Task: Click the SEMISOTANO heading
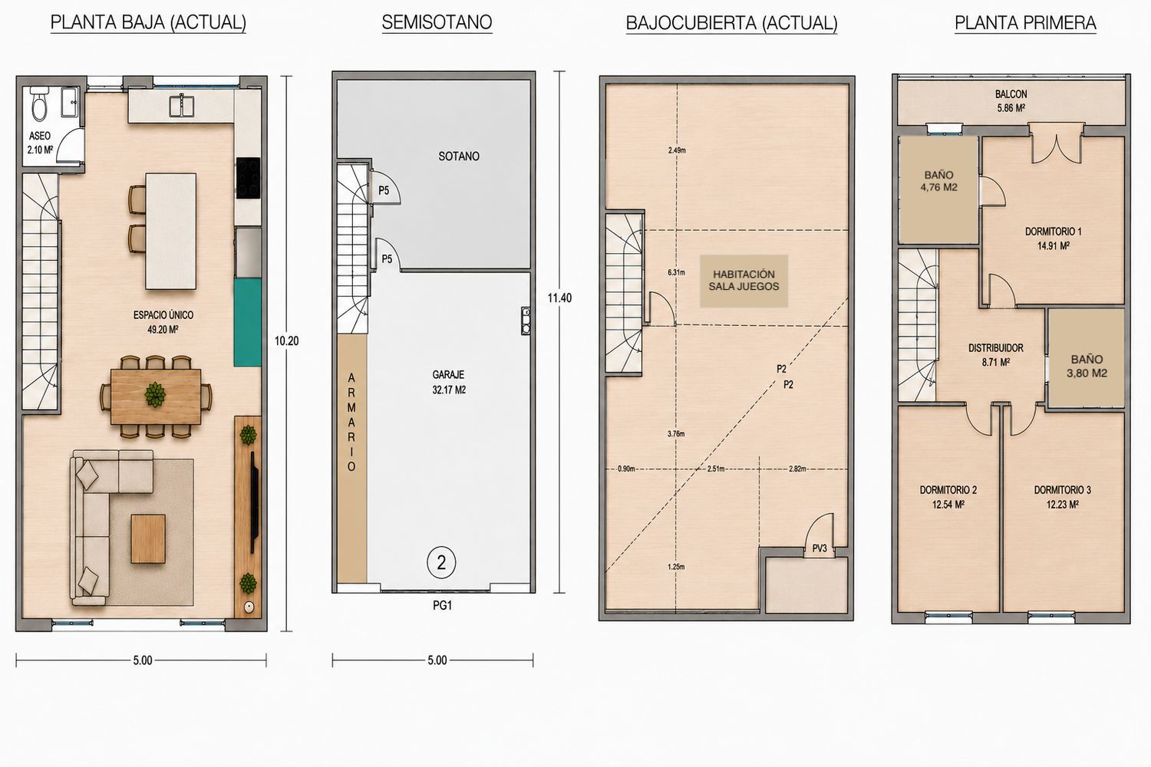pyautogui.click(x=437, y=22)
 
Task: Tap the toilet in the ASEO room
pyautogui.click(x=39, y=104)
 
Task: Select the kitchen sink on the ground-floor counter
pyautogui.click(x=182, y=105)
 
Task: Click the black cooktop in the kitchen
pyautogui.click(x=248, y=178)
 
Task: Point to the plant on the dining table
pyautogui.click(x=155, y=394)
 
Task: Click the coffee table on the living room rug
pyautogui.click(x=148, y=539)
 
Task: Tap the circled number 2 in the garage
pyautogui.click(x=441, y=563)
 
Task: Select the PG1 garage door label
pyautogui.click(x=443, y=606)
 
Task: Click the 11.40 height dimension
pyautogui.click(x=559, y=298)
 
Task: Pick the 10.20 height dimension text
pyautogui.click(x=286, y=341)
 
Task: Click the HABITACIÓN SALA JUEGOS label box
pyautogui.click(x=744, y=281)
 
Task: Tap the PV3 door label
pyautogui.click(x=820, y=548)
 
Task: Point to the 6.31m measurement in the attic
pyautogui.click(x=676, y=272)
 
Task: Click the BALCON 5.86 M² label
pyautogui.click(x=1011, y=100)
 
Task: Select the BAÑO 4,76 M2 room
pyautogui.click(x=938, y=189)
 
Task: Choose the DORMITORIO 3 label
pyautogui.click(x=1062, y=490)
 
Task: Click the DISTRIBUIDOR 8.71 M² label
pyautogui.click(x=996, y=355)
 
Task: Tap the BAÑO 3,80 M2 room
pyautogui.click(x=1087, y=357)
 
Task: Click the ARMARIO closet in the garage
pyautogui.click(x=352, y=459)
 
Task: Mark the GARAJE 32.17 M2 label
pyautogui.click(x=449, y=382)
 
